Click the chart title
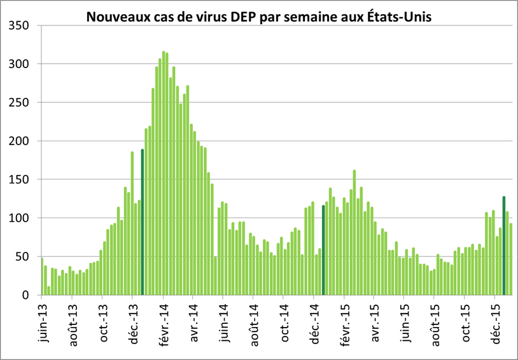click(259, 17)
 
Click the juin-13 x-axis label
click(42, 321)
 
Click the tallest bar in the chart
click(164, 173)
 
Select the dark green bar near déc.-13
click(143, 222)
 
